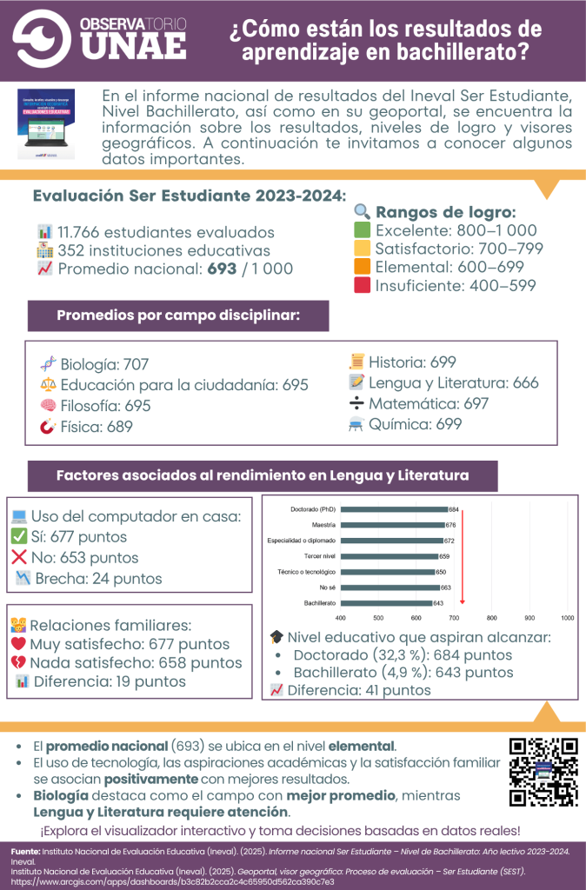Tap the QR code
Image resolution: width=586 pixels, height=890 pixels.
[543, 772]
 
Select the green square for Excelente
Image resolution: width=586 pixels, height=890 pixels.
[363, 230]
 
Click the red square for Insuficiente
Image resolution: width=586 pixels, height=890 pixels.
[363, 285]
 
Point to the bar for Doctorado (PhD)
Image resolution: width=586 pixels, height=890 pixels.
[389, 509]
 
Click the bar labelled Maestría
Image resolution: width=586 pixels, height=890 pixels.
[388, 525]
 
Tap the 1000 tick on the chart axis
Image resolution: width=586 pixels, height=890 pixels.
[567, 618]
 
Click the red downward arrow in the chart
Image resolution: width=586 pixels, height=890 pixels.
[463, 556]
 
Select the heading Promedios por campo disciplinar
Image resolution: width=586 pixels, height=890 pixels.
[178, 315]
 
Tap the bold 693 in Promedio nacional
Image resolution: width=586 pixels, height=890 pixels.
[223, 269]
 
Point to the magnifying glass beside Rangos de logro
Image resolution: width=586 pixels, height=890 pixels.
[363, 211]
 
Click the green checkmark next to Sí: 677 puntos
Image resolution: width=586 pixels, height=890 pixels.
[19, 536]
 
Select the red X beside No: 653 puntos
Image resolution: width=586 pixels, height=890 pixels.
[19, 557]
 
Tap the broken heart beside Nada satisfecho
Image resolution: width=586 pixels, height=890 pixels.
[18, 663]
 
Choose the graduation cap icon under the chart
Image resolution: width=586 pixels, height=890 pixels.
[276, 637]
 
